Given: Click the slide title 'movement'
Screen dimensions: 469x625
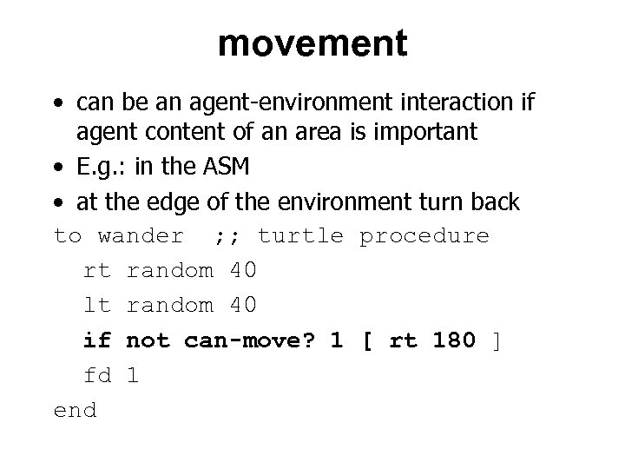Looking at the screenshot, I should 312,43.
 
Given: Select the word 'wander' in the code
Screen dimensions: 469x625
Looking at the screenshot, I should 141,236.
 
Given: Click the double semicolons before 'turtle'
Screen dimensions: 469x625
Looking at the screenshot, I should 228,236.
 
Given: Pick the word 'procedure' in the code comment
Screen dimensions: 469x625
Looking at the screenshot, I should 424,236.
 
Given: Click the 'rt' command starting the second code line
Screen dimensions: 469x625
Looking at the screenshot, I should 97,271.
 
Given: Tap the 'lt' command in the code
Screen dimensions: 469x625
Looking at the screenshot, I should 97,305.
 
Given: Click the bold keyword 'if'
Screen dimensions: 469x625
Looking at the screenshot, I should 97,340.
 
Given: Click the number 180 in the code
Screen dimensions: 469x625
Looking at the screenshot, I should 453,340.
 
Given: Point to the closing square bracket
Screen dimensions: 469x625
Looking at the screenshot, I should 497,340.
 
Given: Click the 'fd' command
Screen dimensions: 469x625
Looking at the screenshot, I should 97,374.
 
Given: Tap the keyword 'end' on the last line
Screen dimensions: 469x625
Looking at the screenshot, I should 76,409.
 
